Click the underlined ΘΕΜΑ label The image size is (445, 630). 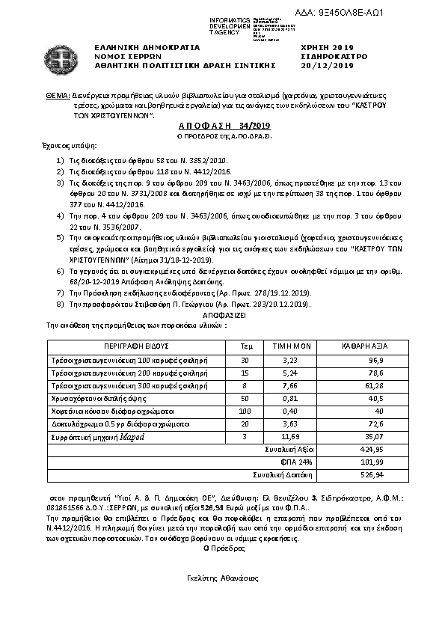pyautogui.click(x=58, y=97)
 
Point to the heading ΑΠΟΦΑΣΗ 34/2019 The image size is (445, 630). pyautogui.click(x=221, y=128)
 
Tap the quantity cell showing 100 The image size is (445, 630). pyautogui.click(x=245, y=411)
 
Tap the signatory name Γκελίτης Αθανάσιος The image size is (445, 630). pyautogui.click(x=222, y=578)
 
